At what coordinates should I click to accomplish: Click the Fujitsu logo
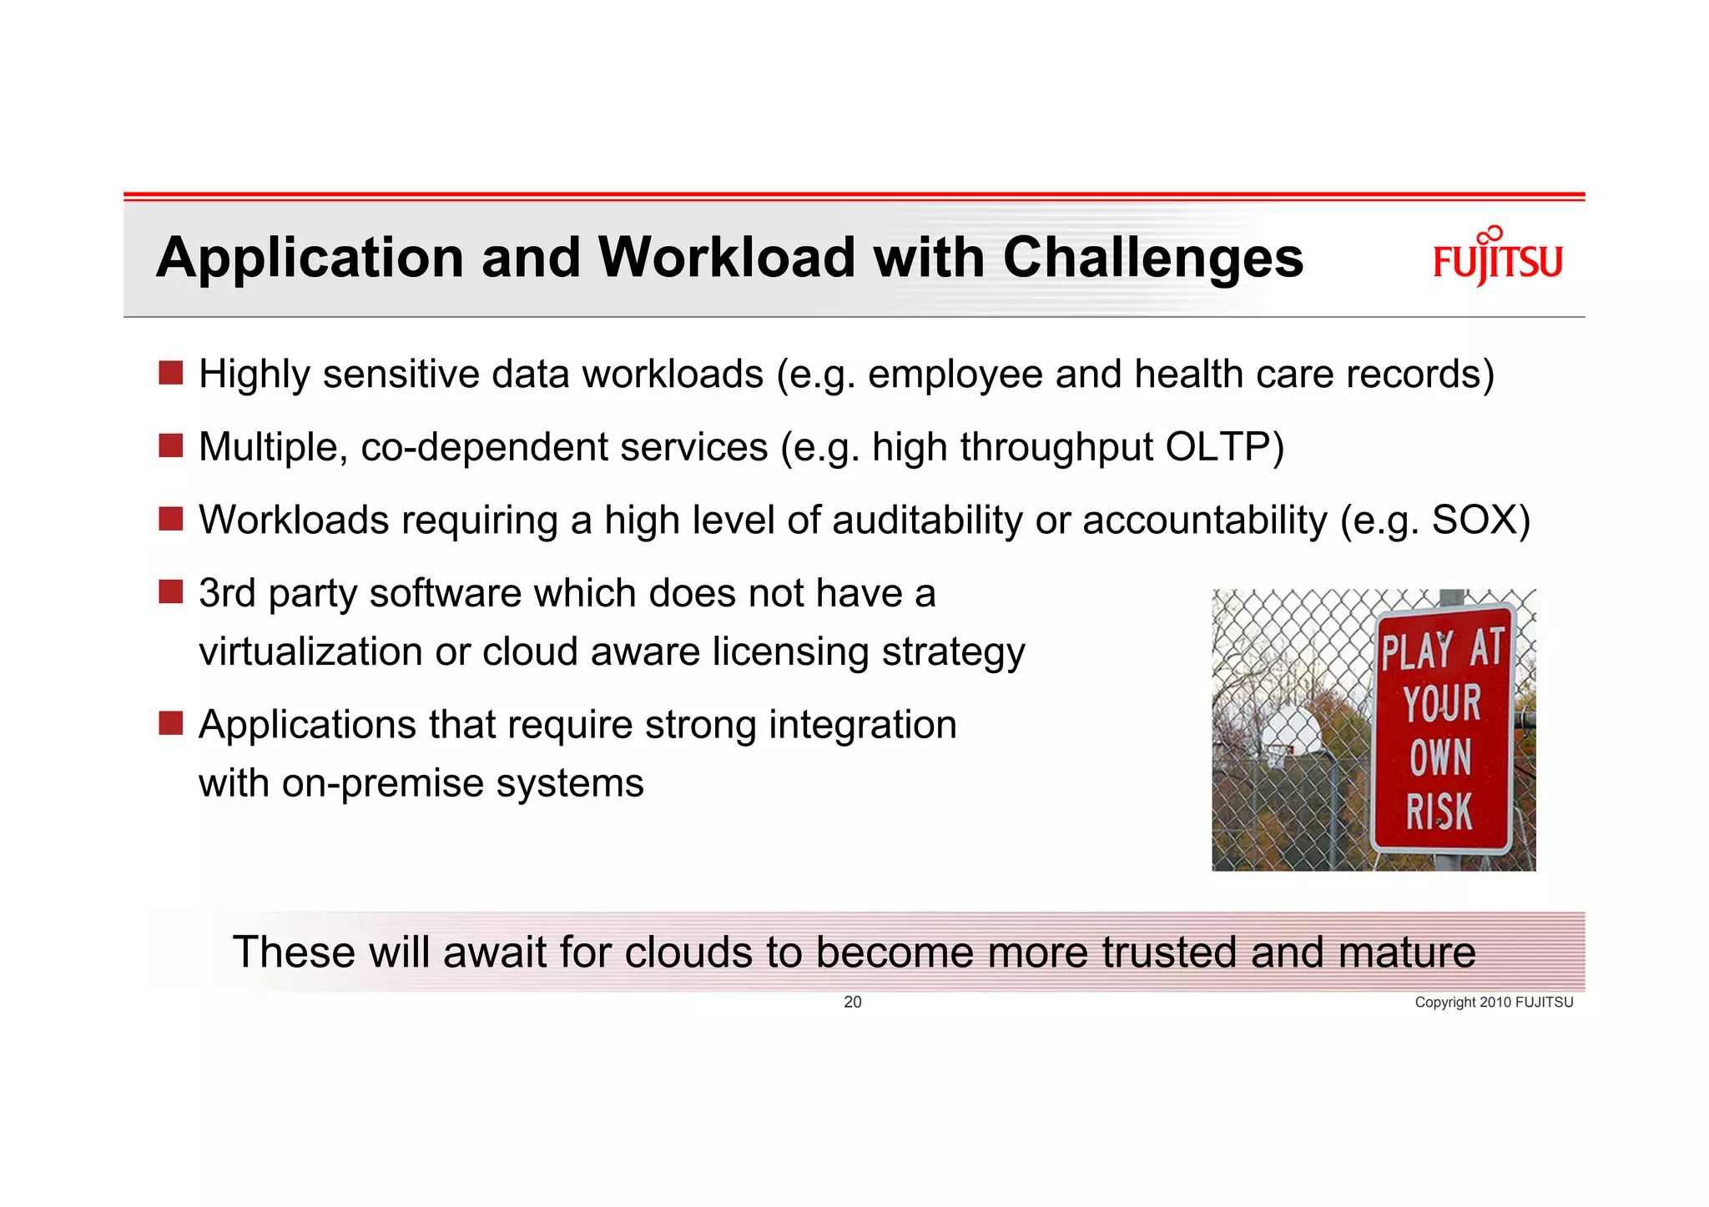coord(1497,258)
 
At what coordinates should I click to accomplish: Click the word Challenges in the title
coord(1152,258)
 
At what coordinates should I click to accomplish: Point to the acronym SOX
coord(1473,521)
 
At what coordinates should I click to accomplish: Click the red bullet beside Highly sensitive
coord(171,373)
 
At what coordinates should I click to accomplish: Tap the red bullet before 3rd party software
coord(171,592)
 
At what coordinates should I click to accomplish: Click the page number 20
coord(852,1002)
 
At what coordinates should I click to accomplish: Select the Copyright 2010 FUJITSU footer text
coord(1493,1003)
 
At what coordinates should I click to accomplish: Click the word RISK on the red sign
coord(1439,812)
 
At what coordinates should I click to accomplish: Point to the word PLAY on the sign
coord(1416,651)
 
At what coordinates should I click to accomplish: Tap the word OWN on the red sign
coord(1440,757)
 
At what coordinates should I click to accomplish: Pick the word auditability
coord(926,521)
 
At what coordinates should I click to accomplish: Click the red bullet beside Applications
coord(171,723)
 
